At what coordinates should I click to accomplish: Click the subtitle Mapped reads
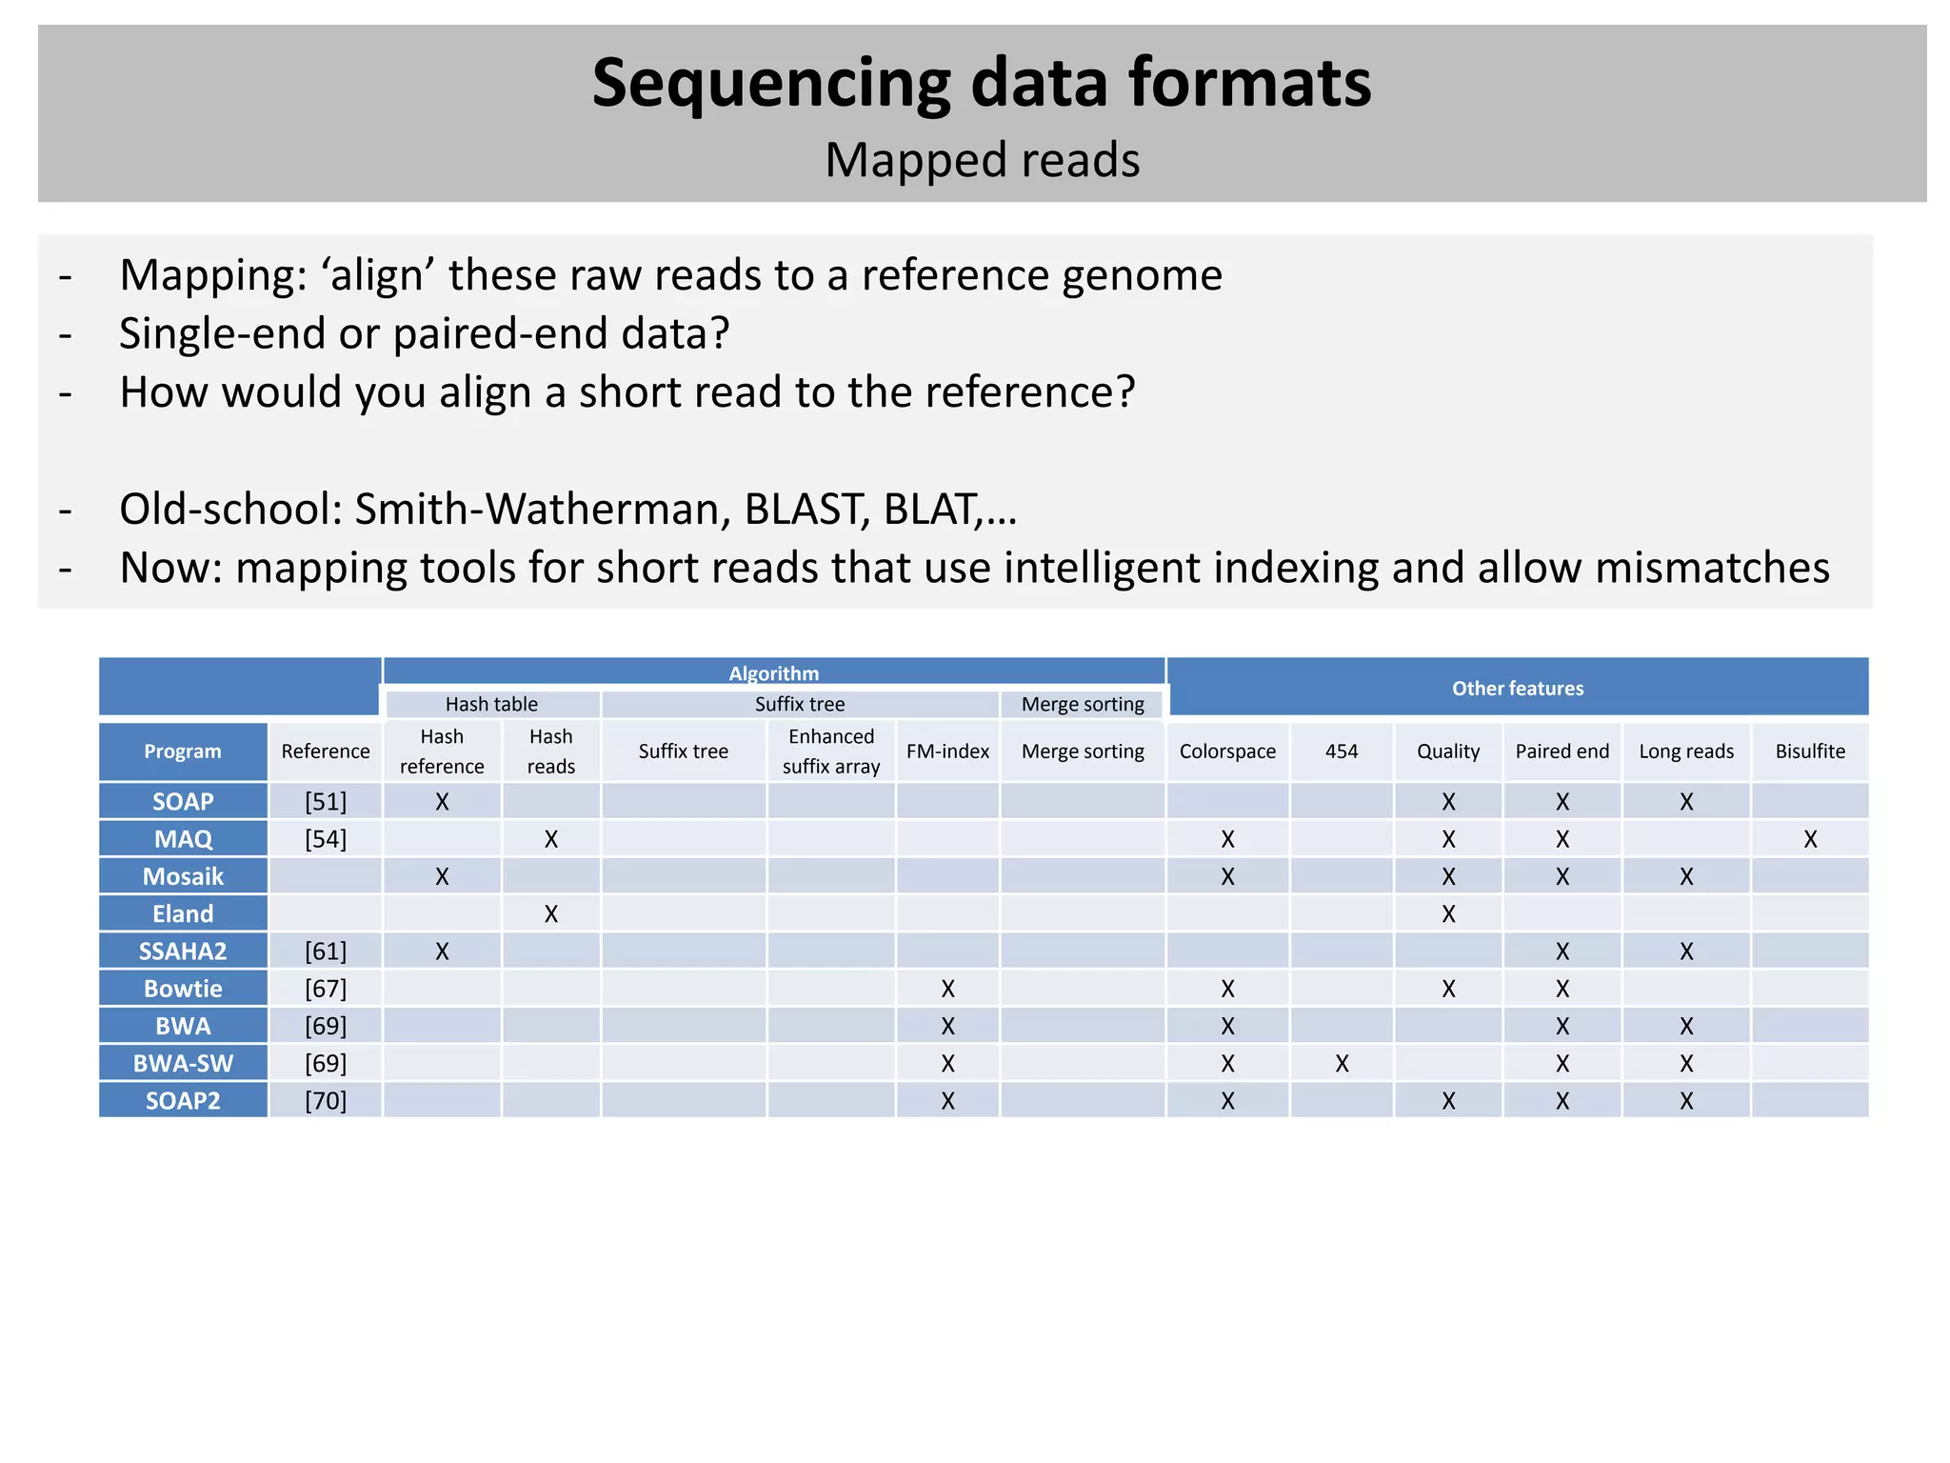click(x=982, y=160)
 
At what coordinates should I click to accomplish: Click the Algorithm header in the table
click(x=773, y=673)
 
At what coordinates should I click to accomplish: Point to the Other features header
click(x=1517, y=688)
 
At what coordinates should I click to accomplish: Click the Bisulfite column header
click(x=1809, y=751)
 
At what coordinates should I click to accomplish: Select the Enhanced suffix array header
click(x=830, y=751)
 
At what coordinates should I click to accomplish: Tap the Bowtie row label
click(x=183, y=989)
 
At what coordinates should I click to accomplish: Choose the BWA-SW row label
click(x=183, y=1063)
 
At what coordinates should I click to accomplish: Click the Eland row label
click(x=183, y=913)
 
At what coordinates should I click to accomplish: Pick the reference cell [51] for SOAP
click(x=326, y=801)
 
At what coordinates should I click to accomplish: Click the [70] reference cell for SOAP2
click(x=326, y=1100)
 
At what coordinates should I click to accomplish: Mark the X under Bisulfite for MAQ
click(x=1809, y=839)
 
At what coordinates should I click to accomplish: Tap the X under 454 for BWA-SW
click(x=1342, y=1063)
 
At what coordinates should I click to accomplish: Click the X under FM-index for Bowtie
click(x=947, y=989)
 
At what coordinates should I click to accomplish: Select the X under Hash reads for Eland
click(x=550, y=913)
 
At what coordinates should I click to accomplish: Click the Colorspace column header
click(x=1226, y=751)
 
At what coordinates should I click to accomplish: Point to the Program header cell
click(x=183, y=751)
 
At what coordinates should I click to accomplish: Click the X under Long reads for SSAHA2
click(x=1685, y=951)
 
